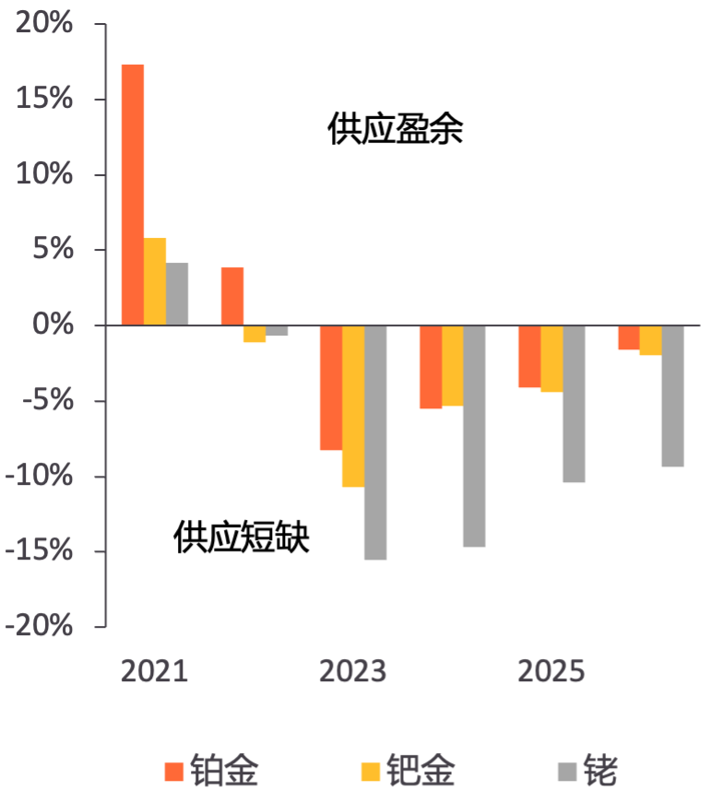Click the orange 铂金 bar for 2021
tap(133, 195)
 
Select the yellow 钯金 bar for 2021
tap(155, 281)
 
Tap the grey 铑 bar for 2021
tap(177, 294)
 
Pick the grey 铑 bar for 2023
tap(375, 443)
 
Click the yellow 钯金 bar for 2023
tap(353, 406)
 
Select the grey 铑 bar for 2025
tap(574, 404)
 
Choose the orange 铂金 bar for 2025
tap(529, 356)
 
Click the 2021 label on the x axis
tap(154, 671)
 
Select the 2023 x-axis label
tap(352, 671)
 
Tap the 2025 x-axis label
tap(552, 671)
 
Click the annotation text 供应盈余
tap(395, 130)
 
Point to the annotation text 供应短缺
tap(242, 537)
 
